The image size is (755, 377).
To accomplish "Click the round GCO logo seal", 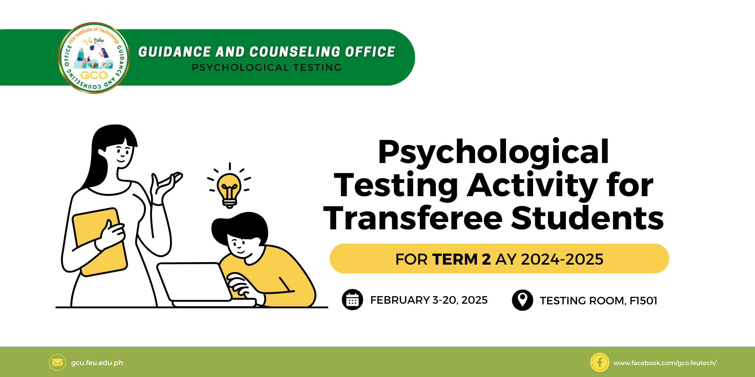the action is pyautogui.click(x=94, y=58).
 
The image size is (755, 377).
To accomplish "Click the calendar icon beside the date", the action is pyautogui.click(x=352, y=300).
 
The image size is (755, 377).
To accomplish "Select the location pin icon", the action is pyautogui.click(x=523, y=300).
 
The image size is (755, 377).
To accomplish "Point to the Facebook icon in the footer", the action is pyautogui.click(x=600, y=362).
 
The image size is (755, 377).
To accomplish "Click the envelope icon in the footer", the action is pyautogui.click(x=57, y=362).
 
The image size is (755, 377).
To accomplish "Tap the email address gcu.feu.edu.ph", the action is pyautogui.click(x=97, y=363).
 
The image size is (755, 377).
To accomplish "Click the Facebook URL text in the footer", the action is pyautogui.click(x=665, y=363).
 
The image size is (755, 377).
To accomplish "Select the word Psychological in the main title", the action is pyautogui.click(x=494, y=153).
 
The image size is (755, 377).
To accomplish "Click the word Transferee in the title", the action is pyautogui.click(x=413, y=218).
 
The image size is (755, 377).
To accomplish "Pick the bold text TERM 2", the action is pyautogui.click(x=461, y=259).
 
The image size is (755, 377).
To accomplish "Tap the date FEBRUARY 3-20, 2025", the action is pyautogui.click(x=429, y=300).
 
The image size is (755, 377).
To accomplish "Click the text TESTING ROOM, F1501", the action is pyautogui.click(x=598, y=301).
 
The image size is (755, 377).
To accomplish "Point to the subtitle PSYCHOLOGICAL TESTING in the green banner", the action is pyautogui.click(x=267, y=67).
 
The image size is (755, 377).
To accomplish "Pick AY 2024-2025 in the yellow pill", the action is pyautogui.click(x=549, y=259).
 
